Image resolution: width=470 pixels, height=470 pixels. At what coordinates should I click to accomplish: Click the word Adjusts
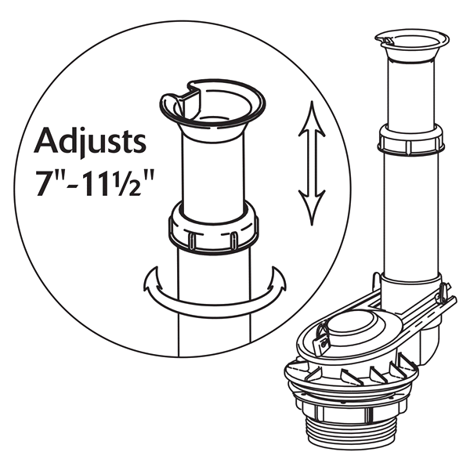(91, 143)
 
